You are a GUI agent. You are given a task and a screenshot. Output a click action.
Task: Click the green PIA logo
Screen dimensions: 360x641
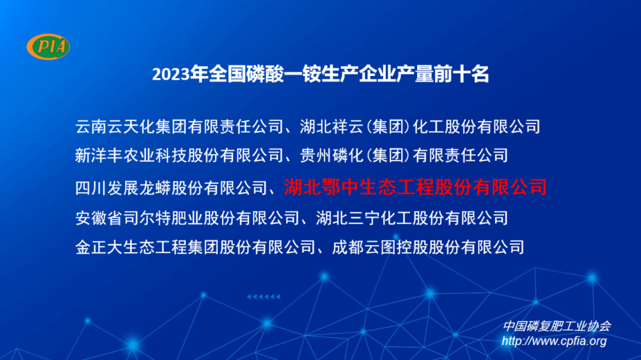(x=48, y=47)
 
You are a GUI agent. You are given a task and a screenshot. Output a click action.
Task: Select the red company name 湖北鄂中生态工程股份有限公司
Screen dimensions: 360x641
(x=415, y=187)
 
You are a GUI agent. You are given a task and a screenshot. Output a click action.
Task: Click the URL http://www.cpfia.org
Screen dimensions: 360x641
(x=554, y=341)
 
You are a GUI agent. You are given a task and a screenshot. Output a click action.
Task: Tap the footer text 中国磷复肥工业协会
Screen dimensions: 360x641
(x=557, y=326)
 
